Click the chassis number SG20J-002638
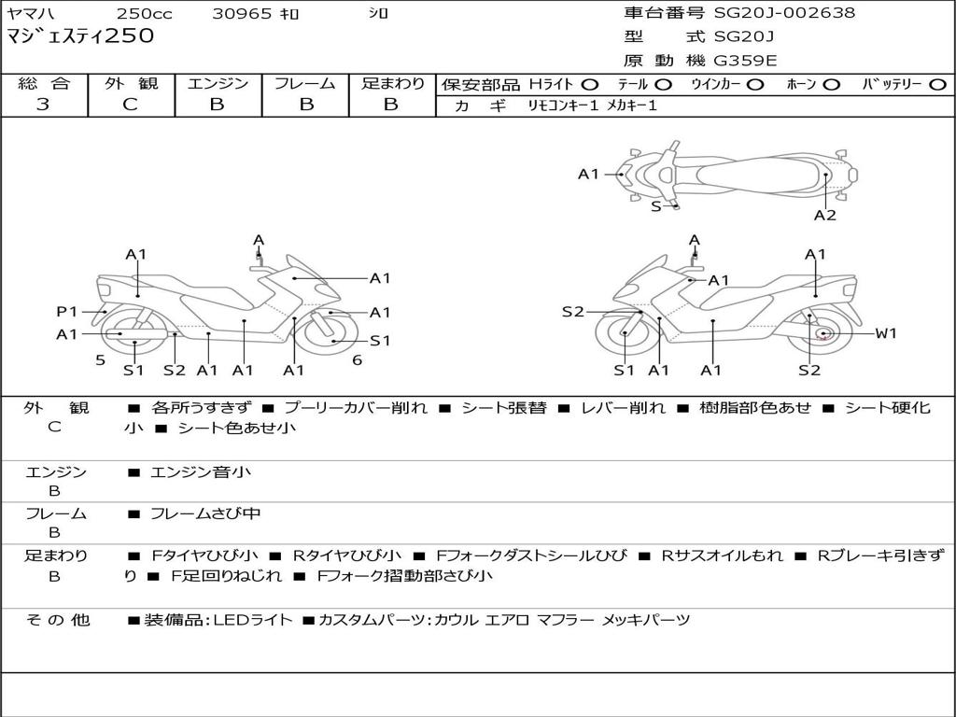point(784,13)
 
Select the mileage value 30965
point(242,14)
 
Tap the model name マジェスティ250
point(80,37)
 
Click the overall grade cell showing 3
point(43,105)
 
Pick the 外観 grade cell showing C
point(131,105)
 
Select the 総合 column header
point(44,83)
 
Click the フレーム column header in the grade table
point(304,83)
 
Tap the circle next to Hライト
point(590,84)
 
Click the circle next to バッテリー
point(937,84)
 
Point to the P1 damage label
point(66,312)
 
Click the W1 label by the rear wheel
point(885,333)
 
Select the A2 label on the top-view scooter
point(824,215)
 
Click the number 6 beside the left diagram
point(357,360)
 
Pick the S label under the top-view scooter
point(655,206)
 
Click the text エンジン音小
point(200,472)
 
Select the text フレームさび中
point(205,513)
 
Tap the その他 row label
point(57,620)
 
